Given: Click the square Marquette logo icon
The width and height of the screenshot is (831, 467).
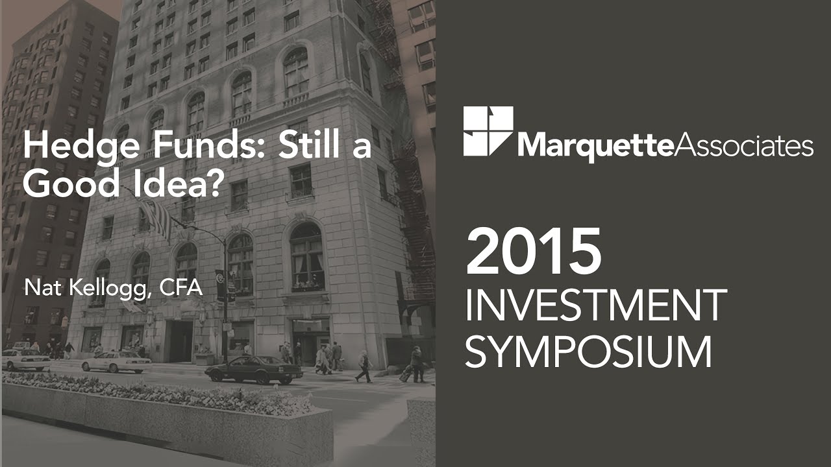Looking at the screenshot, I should coord(488,131).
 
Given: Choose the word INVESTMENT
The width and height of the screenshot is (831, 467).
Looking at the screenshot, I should coord(595,306).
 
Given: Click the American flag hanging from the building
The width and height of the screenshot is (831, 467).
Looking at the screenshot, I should coord(156,217).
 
